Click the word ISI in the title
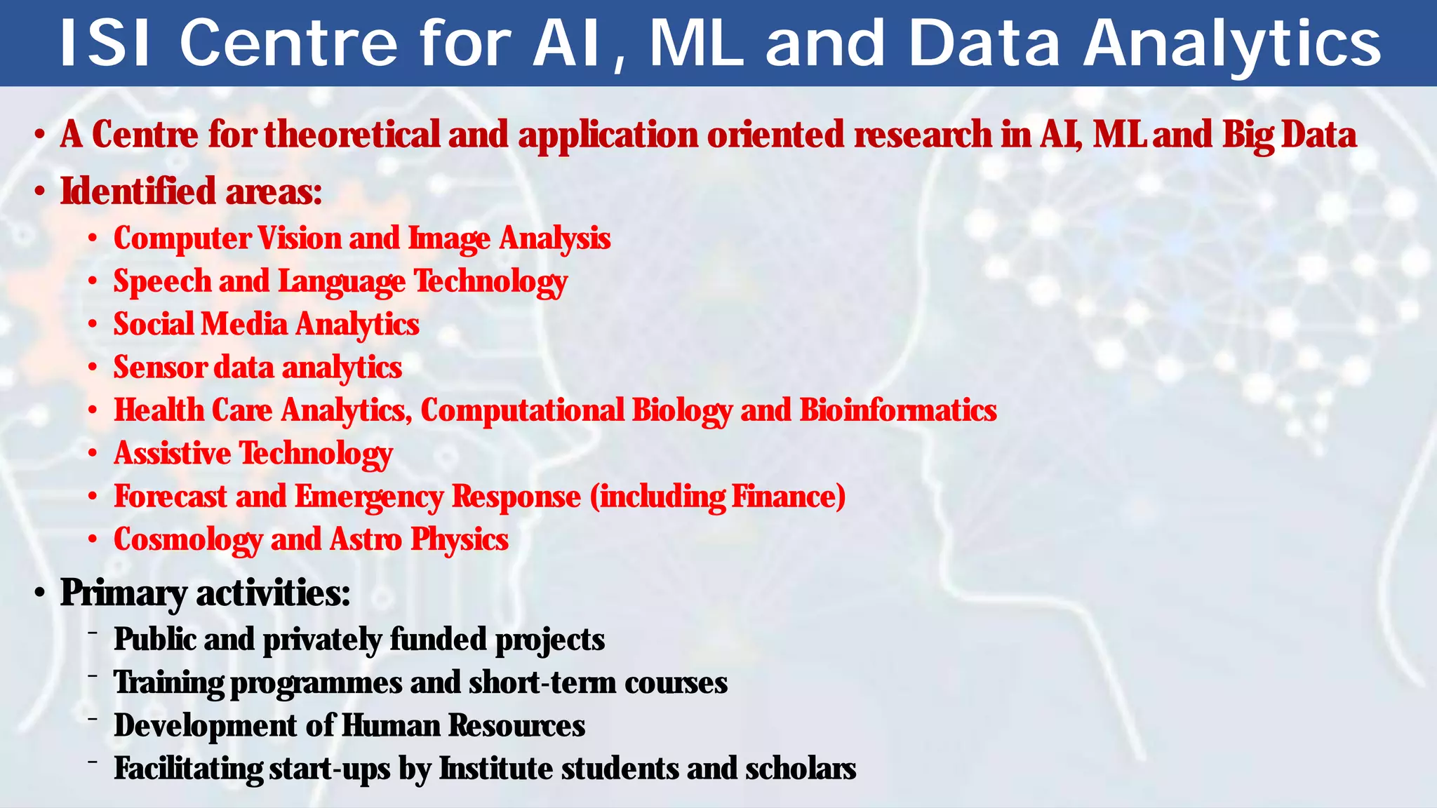(x=105, y=43)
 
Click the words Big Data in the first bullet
(x=1290, y=134)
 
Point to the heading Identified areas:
(x=191, y=191)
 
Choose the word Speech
(x=162, y=282)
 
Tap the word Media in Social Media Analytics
(x=244, y=324)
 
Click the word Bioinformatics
(x=898, y=410)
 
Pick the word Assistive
(x=172, y=453)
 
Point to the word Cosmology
(x=187, y=540)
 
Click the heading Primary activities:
(x=205, y=593)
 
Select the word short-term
(x=542, y=682)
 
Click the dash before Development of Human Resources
(x=92, y=719)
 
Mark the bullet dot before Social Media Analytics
(x=92, y=325)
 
